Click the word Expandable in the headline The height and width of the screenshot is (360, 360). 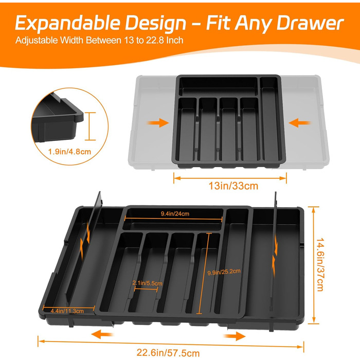click(68, 23)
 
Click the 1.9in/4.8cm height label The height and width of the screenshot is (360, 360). click(69, 152)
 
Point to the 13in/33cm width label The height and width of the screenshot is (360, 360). click(233, 186)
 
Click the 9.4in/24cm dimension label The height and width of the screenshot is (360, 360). click(175, 214)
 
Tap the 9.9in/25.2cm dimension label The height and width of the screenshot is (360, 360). click(224, 272)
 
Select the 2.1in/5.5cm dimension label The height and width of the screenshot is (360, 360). click(147, 283)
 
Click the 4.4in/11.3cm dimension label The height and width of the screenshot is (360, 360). click(67, 311)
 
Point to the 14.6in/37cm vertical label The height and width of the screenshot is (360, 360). click(320, 264)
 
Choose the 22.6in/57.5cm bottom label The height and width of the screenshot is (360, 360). click(168, 353)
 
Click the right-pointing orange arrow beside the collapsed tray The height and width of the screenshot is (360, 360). click(158, 122)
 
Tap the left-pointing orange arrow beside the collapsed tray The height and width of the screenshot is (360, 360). click(299, 122)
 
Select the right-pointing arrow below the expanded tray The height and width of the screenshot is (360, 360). click(235, 336)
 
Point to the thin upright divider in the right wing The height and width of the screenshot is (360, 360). click(274, 255)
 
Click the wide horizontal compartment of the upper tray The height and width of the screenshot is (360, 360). click(218, 86)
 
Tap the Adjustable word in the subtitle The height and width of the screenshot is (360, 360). click(37, 41)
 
